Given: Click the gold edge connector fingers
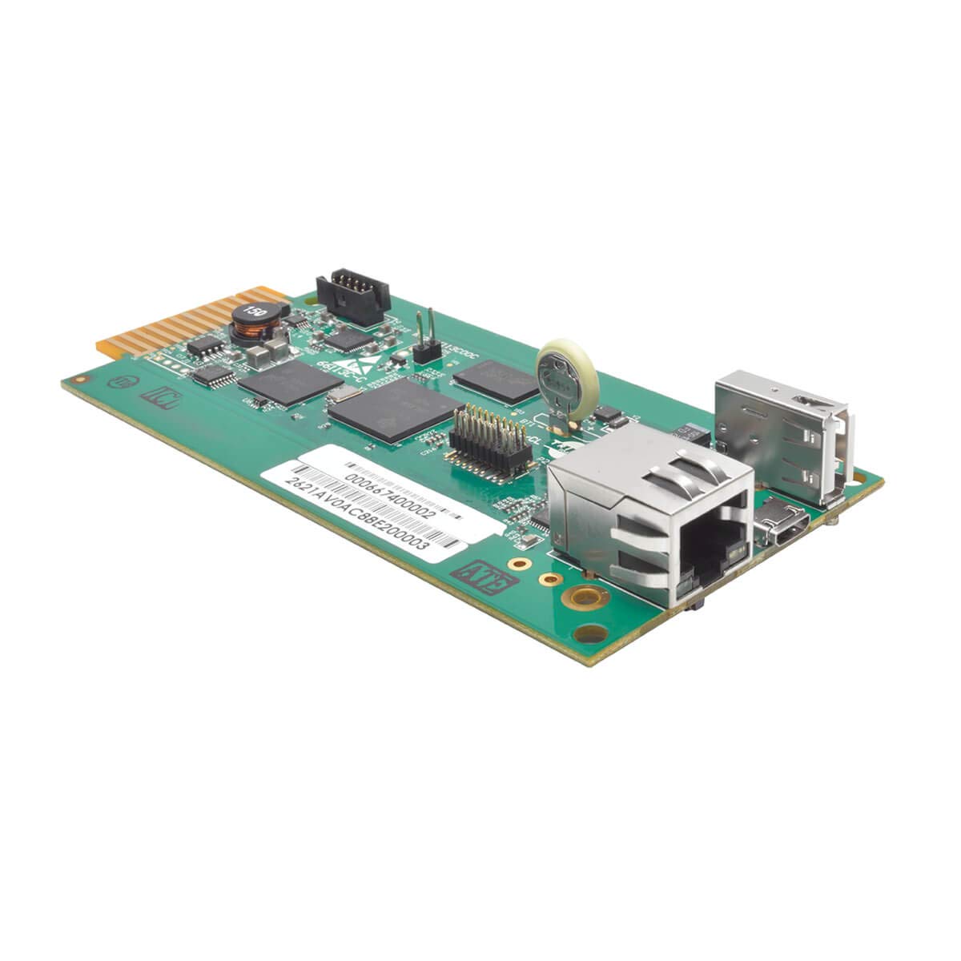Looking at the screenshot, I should [x=160, y=328].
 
